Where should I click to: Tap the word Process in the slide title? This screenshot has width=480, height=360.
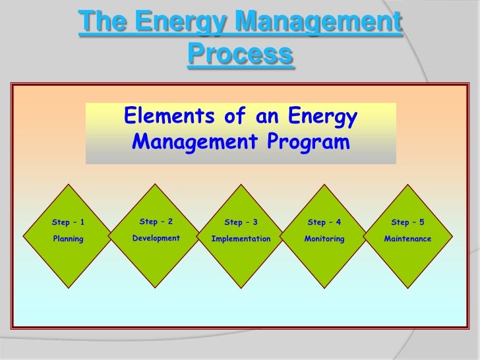[240, 54]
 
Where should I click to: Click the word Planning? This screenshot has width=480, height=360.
[68, 239]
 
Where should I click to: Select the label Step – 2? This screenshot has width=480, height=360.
[156, 222]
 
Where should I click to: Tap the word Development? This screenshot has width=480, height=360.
[156, 238]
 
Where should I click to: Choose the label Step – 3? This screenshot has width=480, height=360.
[241, 223]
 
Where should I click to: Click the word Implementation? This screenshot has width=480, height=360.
[241, 239]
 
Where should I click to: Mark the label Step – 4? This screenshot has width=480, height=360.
[324, 223]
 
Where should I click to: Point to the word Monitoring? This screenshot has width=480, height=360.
[324, 239]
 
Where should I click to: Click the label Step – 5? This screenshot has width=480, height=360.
[407, 223]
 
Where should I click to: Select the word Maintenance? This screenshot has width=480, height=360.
[407, 239]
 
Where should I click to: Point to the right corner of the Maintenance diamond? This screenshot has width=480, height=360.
[453, 232]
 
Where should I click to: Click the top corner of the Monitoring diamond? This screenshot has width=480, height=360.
[324, 185]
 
